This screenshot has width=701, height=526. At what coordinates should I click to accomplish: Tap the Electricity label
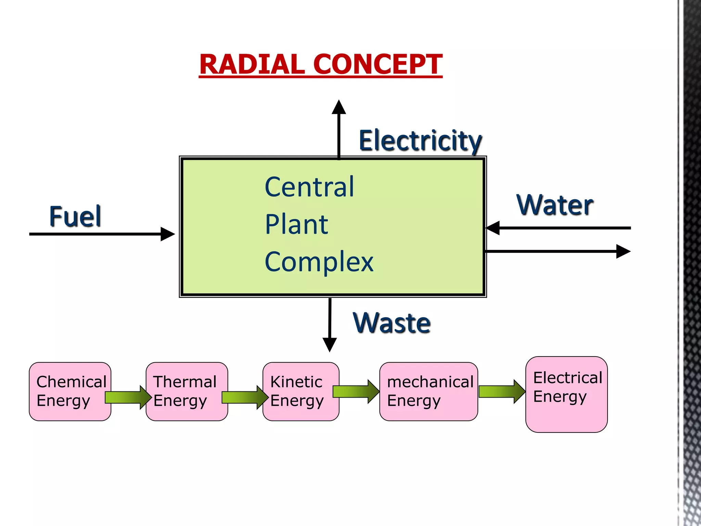(x=420, y=141)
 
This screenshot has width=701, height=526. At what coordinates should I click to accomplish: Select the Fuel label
(x=75, y=216)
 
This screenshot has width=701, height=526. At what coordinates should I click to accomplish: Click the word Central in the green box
(x=309, y=187)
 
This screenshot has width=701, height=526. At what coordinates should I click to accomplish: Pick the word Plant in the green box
(x=297, y=225)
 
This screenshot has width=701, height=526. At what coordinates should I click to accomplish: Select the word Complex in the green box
(x=319, y=262)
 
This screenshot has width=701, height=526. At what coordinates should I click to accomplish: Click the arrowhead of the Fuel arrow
(x=168, y=234)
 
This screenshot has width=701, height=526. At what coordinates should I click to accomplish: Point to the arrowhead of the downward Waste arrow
(x=330, y=345)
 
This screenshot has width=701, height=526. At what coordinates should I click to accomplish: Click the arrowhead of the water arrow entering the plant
(x=493, y=228)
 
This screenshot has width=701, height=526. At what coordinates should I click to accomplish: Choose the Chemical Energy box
(x=70, y=391)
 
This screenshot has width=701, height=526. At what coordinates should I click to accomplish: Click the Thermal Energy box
(x=187, y=391)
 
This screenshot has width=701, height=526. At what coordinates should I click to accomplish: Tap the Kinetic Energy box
(x=301, y=391)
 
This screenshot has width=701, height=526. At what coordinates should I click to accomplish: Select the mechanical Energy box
(x=428, y=391)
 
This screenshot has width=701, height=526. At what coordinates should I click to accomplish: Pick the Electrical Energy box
(x=566, y=394)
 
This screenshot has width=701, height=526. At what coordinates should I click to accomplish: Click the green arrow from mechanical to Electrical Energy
(x=501, y=391)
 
